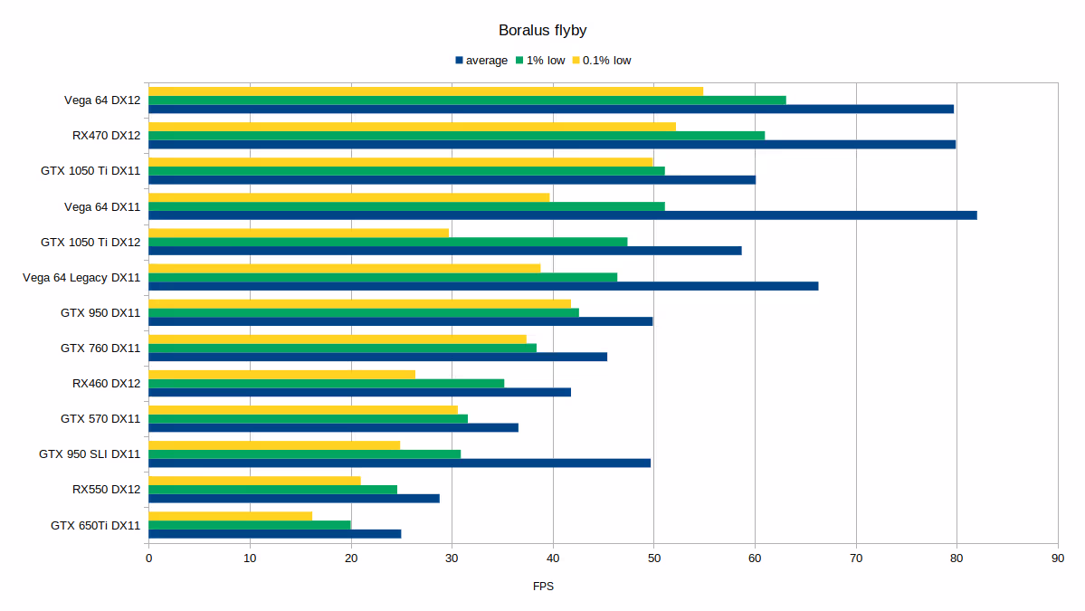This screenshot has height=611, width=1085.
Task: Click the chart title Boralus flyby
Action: click(542, 31)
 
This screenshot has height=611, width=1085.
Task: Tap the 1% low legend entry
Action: click(545, 61)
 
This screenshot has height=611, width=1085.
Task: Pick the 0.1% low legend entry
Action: click(606, 61)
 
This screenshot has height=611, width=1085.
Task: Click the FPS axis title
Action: click(543, 587)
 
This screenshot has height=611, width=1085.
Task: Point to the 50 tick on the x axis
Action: click(653, 558)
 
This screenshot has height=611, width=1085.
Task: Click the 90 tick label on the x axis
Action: click(1057, 558)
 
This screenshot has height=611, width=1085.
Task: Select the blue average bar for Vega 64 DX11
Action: click(562, 215)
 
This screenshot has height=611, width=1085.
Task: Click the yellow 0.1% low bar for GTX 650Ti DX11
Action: click(230, 516)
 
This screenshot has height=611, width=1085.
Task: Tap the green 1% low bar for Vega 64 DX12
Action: click(467, 100)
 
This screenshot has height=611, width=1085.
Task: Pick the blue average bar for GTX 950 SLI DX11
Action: click(399, 463)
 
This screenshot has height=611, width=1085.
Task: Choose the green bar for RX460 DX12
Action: click(326, 383)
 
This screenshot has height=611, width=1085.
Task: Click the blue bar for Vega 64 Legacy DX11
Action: click(483, 286)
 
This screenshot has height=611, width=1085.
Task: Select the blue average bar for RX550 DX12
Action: click(293, 498)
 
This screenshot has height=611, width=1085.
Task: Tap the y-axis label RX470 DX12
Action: click(106, 136)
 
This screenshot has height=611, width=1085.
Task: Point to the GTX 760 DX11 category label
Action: click(100, 348)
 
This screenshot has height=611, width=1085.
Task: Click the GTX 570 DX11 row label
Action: click(100, 419)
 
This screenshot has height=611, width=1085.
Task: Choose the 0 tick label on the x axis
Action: click(148, 558)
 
